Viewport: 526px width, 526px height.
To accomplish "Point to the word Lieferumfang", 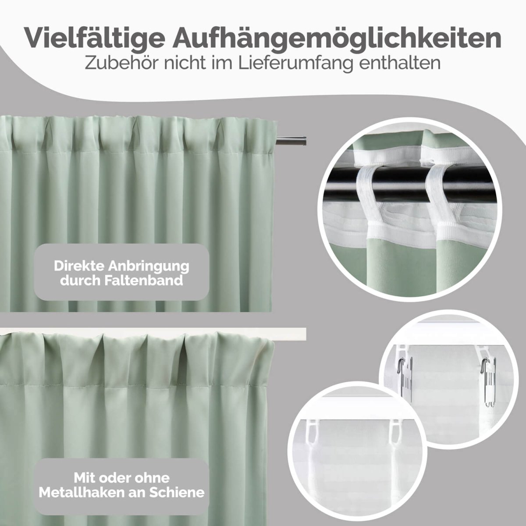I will [x=299, y=62].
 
